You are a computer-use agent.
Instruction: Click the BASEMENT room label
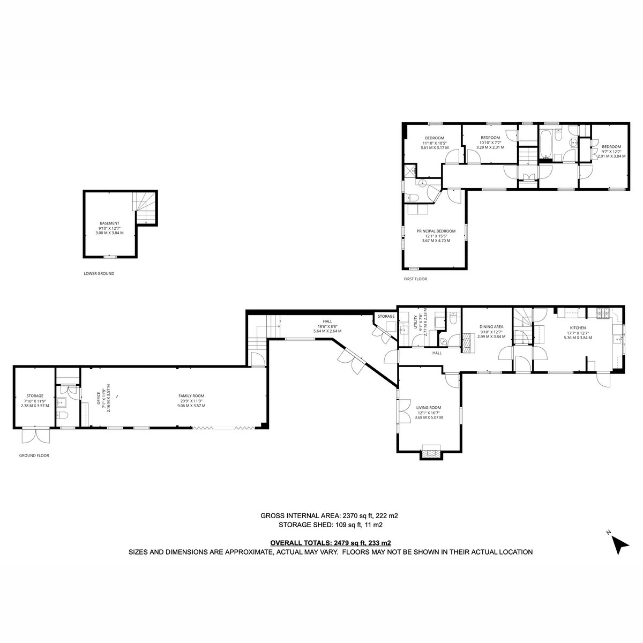pyautogui.click(x=109, y=223)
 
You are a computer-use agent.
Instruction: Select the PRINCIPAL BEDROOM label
pyautogui.click(x=436, y=231)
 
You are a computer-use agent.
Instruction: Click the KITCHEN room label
pyautogui.click(x=578, y=328)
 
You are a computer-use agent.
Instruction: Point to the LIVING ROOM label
pyautogui.click(x=429, y=407)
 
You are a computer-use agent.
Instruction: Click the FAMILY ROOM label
pyautogui.click(x=191, y=396)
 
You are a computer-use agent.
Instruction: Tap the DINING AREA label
pyautogui.click(x=491, y=327)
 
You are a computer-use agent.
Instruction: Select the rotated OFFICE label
pyautogui.click(x=99, y=398)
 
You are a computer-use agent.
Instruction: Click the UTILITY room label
pyautogui.click(x=416, y=322)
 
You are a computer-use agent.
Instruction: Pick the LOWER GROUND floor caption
pyautogui.click(x=99, y=273)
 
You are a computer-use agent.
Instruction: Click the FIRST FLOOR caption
pyautogui.click(x=415, y=279)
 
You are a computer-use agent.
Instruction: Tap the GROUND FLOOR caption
pyautogui.click(x=34, y=455)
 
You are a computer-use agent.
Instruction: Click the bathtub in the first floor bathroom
pyautogui.click(x=545, y=144)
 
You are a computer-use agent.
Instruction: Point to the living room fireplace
pyautogui.click(x=431, y=452)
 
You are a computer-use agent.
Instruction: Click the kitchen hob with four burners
pyautogui.click(x=603, y=312)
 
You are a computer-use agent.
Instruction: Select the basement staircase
pyautogui.click(x=145, y=208)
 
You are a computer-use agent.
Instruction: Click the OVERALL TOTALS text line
pyautogui.click(x=331, y=543)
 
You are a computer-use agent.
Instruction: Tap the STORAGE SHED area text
pyautogui.click(x=331, y=525)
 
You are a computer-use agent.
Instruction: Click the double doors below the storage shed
pyautogui.click(x=36, y=436)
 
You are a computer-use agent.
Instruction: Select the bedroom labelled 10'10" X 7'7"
pyautogui.click(x=490, y=143)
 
